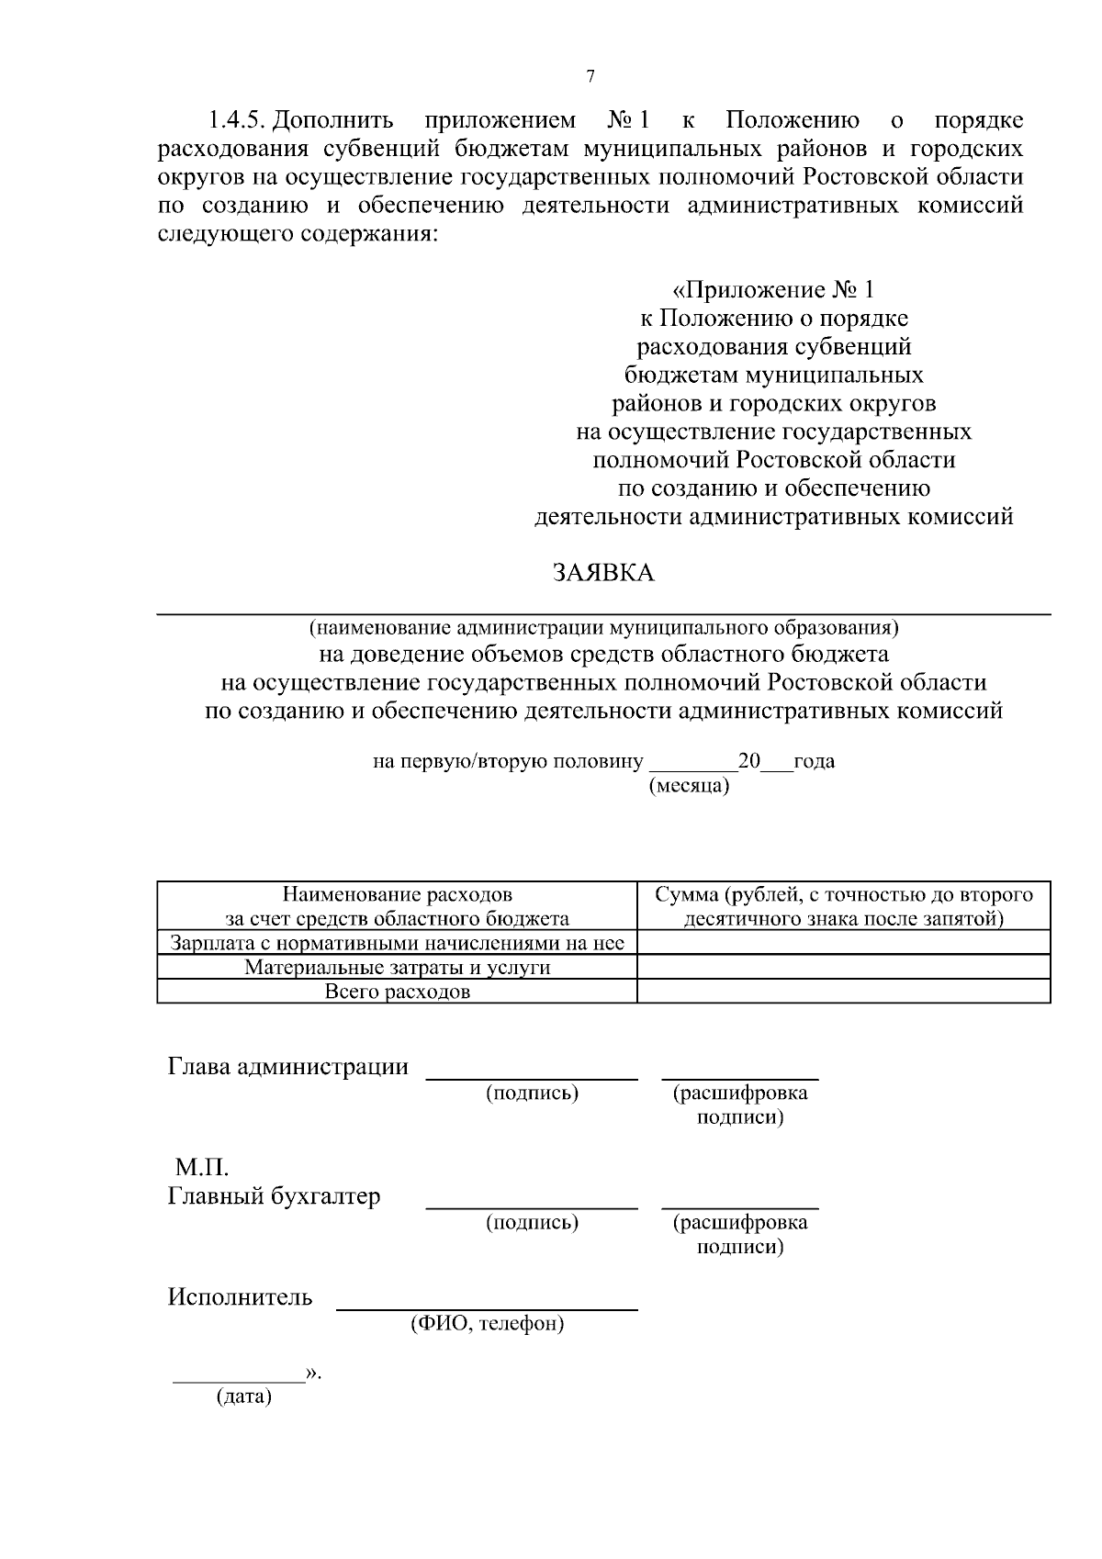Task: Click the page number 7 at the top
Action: tap(590, 77)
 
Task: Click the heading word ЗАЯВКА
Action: tap(603, 574)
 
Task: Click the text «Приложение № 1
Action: tap(773, 291)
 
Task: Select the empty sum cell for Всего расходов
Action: tap(843, 992)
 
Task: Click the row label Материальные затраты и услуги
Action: tap(397, 967)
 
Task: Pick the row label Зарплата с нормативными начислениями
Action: tap(397, 943)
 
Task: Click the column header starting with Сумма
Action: tap(843, 906)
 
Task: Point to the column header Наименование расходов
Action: tap(397, 906)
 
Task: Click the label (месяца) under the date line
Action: tap(689, 786)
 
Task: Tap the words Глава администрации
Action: tap(287, 1067)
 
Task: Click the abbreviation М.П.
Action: tap(201, 1168)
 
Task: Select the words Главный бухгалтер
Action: tap(274, 1196)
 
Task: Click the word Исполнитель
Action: tap(240, 1297)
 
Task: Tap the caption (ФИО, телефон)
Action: tap(487, 1324)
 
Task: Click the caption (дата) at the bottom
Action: tap(244, 1398)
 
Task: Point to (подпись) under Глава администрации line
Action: tap(532, 1093)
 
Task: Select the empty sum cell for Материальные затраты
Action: tap(843, 967)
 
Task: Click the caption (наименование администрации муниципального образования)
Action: tap(603, 629)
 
